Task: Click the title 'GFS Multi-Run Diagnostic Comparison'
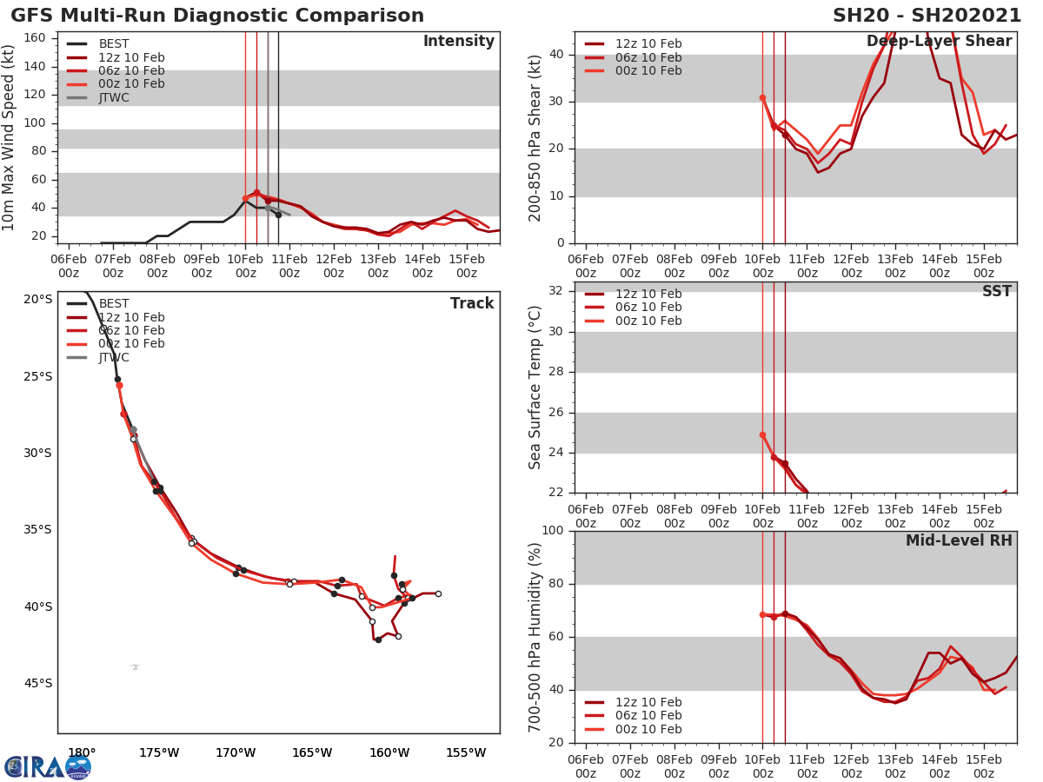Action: (217, 16)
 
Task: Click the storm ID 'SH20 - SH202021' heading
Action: (927, 16)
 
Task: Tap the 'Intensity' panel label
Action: (458, 42)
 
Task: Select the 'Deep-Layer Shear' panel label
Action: (939, 42)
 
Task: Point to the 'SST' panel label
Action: (996, 292)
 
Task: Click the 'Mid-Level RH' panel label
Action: (959, 541)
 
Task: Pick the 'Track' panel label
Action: (472, 304)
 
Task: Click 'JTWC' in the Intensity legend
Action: (114, 97)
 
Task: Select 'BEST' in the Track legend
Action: (114, 304)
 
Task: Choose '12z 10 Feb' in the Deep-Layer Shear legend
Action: (648, 44)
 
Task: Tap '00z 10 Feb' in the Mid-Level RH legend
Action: (648, 729)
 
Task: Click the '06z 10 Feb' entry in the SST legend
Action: (648, 308)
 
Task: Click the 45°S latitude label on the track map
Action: (37, 684)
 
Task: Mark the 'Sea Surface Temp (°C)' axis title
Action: (535, 388)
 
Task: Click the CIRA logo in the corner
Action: (47, 767)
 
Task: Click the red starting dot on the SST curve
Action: (762, 434)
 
